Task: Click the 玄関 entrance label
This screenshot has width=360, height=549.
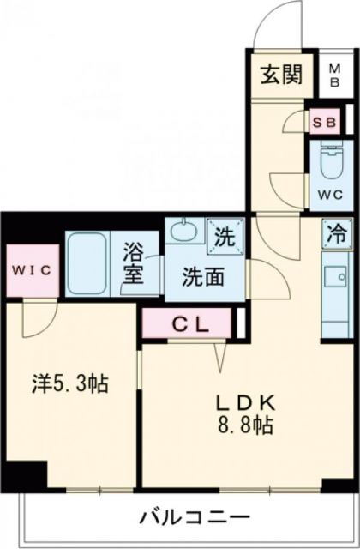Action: [283, 75]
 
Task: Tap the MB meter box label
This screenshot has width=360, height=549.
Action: [333, 75]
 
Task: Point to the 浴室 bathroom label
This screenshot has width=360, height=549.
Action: [135, 266]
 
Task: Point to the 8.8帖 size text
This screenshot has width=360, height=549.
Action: [244, 426]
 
